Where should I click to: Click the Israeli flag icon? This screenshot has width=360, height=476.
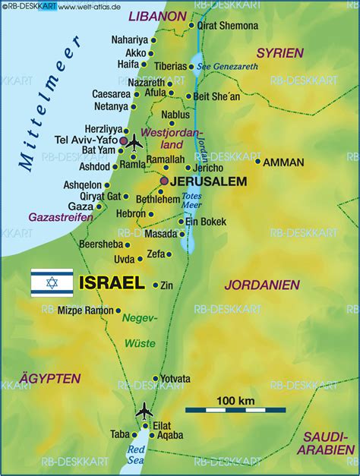52,282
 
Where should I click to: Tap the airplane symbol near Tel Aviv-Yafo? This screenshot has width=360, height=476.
134,142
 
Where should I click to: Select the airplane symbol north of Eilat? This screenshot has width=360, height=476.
144,411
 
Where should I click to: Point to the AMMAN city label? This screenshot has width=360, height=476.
284,162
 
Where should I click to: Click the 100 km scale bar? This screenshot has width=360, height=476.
235,410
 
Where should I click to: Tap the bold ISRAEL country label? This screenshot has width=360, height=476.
111,283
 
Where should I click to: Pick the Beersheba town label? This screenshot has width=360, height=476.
99,244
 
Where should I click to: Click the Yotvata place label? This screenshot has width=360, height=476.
175,378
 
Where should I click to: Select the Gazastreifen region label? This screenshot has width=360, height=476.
61,217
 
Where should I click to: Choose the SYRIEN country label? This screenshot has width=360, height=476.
279,53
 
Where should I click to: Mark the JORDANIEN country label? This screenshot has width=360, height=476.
261,284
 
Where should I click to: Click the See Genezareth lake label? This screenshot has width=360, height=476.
228,66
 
